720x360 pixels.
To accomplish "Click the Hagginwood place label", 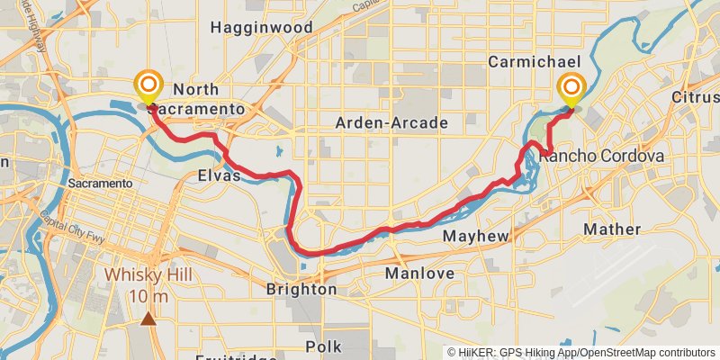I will pos(261,28).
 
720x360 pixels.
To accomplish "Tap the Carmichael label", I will pos(525,61).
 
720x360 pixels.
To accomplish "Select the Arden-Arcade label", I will pos(391,122).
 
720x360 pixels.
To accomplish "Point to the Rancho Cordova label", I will pos(602,156).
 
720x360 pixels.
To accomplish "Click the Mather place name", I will pos(611,229).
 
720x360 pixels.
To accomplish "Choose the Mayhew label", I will pos(477,236).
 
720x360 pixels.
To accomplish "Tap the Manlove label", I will pos(418,273).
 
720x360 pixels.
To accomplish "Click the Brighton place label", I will pos(301,290).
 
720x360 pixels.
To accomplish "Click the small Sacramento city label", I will pos(100,183).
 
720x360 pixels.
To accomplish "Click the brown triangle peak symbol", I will pos(148,317).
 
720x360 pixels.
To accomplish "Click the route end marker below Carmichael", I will pos(571,88).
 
